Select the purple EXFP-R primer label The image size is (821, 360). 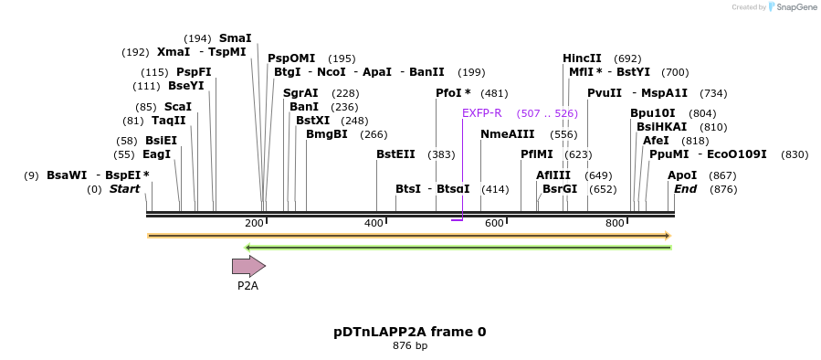(x=481, y=113)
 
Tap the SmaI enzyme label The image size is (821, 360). (x=235, y=38)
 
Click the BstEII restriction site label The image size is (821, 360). (x=395, y=154)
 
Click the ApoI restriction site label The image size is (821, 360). (x=682, y=175)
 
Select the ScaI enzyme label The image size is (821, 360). (x=177, y=107)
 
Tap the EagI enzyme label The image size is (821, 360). (x=156, y=154)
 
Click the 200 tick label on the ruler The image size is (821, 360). (x=254, y=224)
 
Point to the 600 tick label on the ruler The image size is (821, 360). (x=494, y=224)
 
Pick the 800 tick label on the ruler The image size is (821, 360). (x=615, y=224)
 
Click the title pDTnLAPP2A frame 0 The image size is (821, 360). (x=409, y=332)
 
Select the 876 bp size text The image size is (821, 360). (x=409, y=346)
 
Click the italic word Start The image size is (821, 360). (x=125, y=189)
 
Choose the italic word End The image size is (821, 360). (x=685, y=189)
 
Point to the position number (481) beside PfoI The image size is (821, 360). (x=494, y=93)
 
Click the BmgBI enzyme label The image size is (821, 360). (x=326, y=134)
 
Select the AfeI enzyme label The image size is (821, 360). (x=656, y=141)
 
